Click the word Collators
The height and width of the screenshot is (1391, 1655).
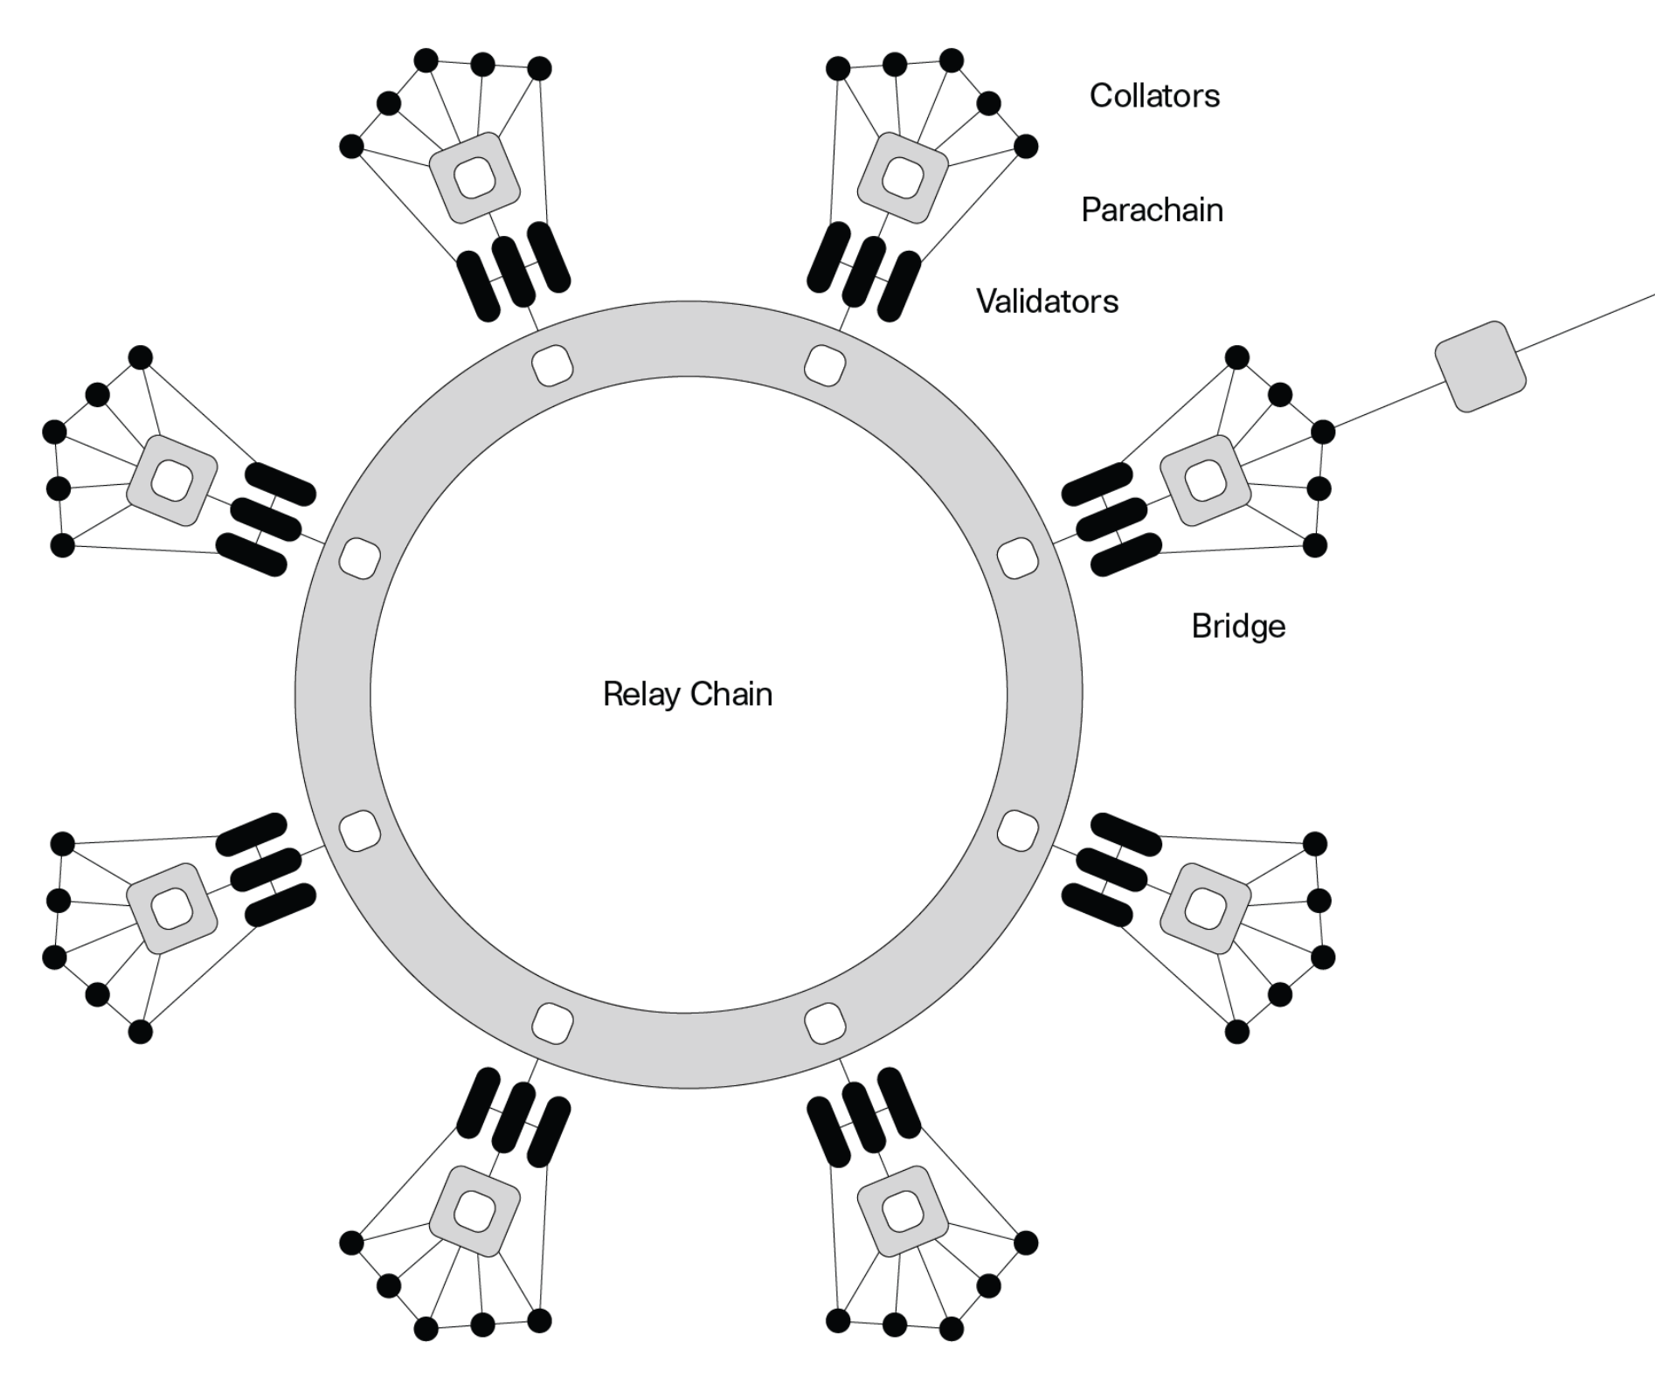click(x=1153, y=95)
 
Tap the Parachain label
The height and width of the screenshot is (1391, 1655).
click(x=1151, y=210)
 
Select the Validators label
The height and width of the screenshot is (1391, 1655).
click(x=1047, y=301)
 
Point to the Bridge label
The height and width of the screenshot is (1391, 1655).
click(x=1237, y=626)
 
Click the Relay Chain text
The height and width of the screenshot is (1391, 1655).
click(x=688, y=695)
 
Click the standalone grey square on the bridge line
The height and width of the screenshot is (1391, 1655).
click(x=1480, y=367)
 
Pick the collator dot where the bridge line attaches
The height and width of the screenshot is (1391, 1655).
click(x=1323, y=432)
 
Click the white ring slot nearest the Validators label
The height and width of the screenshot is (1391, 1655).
click(x=824, y=364)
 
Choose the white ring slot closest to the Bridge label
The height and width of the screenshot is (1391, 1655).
click(x=1017, y=558)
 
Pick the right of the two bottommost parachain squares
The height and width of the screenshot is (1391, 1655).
click(x=903, y=1211)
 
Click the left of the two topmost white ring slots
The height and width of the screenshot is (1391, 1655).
click(x=552, y=364)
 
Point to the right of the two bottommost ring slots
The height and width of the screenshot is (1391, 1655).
click(x=824, y=1023)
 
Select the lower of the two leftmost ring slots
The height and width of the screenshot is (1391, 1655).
click(x=359, y=830)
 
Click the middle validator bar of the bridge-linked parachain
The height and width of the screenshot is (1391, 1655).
click(x=1111, y=518)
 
